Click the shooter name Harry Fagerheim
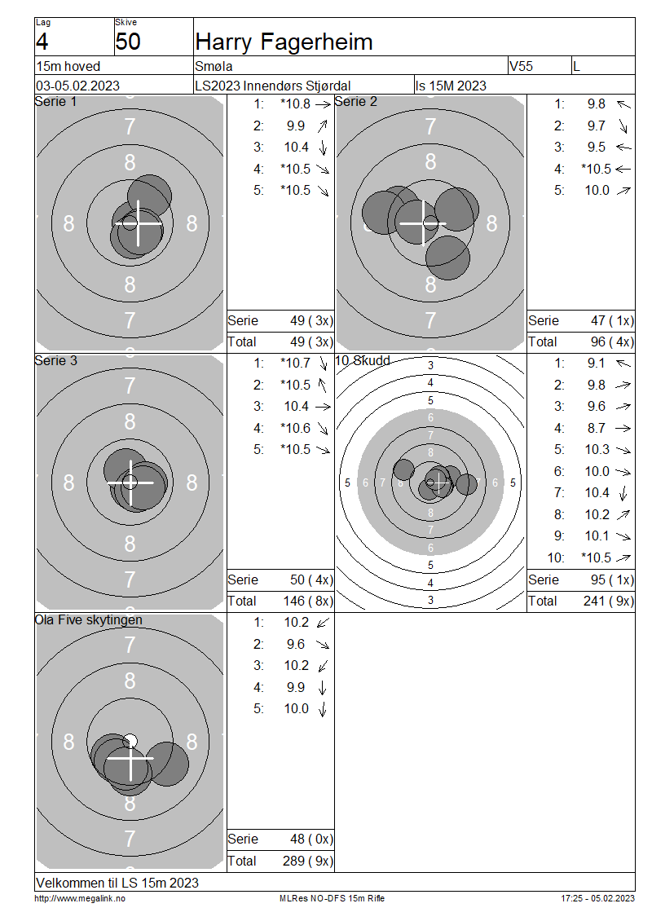point(284,42)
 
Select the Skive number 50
point(128,42)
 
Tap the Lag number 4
point(42,42)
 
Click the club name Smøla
point(214,66)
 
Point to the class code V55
point(521,66)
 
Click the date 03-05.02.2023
point(77,86)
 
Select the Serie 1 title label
point(55,101)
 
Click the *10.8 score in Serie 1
point(296,104)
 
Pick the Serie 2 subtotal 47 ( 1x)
point(612,320)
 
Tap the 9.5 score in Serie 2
point(597,147)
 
